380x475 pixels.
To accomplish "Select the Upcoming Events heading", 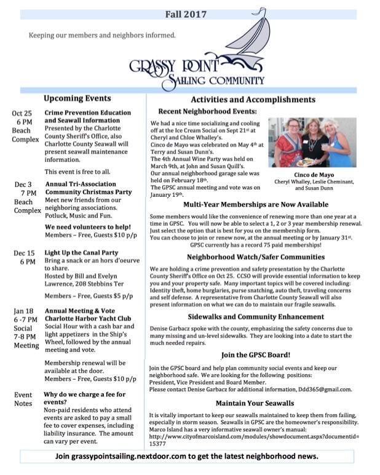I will pyautogui.click(x=77, y=98).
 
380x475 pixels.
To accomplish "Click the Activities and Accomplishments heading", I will pyautogui.click(x=253, y=99).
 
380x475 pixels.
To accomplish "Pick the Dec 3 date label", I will pyautogui.click(x=23, y=184).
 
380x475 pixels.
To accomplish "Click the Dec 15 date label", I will pyautogui.click(x=23, y=252).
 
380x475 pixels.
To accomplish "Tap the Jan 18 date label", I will pyautogui.click(x=23, y=311).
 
